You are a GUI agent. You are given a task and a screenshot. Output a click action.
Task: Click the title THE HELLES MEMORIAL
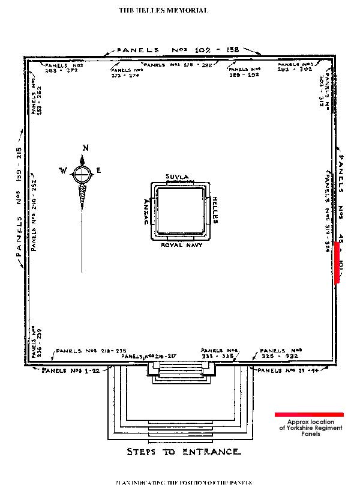pyautogui.click(x=163, y=10)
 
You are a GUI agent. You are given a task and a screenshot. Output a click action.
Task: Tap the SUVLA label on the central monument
pyautogui.click(x=177, y=177)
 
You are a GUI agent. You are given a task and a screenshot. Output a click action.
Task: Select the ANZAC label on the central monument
pyautogui.click(x=145, y=211)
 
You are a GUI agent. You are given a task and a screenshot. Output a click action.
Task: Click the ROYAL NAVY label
pyautogui.click(x=181, y=245)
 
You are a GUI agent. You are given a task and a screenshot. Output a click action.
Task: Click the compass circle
pyautogui.click(x=82, y=174)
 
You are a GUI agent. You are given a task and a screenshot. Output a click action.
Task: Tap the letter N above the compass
pyautogui.click(x=86, y=148)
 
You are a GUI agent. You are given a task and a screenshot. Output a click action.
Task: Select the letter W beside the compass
pyautogui.click(x=63, y=171)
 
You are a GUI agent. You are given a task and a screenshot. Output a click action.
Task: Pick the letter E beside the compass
pyautogui.click(x=99, y=171)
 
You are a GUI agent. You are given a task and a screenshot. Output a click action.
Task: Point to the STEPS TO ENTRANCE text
pyautogui.click(x=184, y=452)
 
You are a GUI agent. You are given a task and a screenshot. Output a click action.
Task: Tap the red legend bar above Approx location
pyautogui.click(x=309, y=414)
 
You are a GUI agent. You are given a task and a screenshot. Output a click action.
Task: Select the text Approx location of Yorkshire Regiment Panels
pyautogui.click(x=311, y=428)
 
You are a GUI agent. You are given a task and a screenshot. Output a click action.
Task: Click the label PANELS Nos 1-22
pyautogui.click(x=70, y=370)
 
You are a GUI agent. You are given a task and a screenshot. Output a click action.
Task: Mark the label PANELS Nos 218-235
pyautogui.click(x=91, y=351)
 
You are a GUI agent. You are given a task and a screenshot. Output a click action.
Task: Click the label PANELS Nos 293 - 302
pyautogui.click(x=294, y=67)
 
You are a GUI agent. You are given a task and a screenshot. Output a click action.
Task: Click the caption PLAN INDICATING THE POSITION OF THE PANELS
pyautogui.click(x=183, y=482)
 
